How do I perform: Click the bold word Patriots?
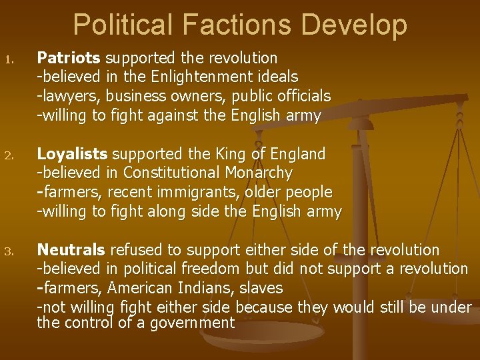[69, 59]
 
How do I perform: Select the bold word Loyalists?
[72, 154]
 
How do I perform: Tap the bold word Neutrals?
[71, 250]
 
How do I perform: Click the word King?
[237, 154]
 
